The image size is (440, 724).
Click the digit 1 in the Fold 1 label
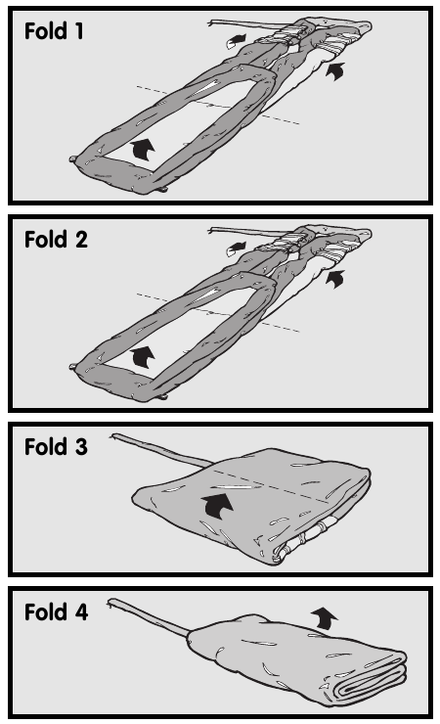click(78, 31)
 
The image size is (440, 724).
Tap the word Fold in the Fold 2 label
click(46, 239)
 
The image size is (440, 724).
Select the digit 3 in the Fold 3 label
click(81, 447)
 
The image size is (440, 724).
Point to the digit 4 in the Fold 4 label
click(81, 611)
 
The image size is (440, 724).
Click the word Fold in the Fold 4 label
click(46, 611)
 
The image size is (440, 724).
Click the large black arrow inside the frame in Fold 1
click(143, 150)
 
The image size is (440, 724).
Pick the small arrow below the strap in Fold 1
click(237, 41)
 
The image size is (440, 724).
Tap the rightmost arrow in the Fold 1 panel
click(335, 71)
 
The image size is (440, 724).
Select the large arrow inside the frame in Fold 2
click(143, 357)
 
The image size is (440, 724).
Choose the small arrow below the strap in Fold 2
click(237, 249)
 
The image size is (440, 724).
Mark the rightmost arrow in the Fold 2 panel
click(335, 279)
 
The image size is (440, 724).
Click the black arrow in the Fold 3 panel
click(217, 506)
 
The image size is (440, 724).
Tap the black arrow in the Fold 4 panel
click(325, 618)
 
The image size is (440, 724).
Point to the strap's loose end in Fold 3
click(114, 436)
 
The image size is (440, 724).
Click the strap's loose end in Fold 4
click(110, 602)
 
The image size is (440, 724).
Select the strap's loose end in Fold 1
click(211, 23)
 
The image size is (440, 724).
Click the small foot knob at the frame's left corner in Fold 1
click(73, 158)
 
